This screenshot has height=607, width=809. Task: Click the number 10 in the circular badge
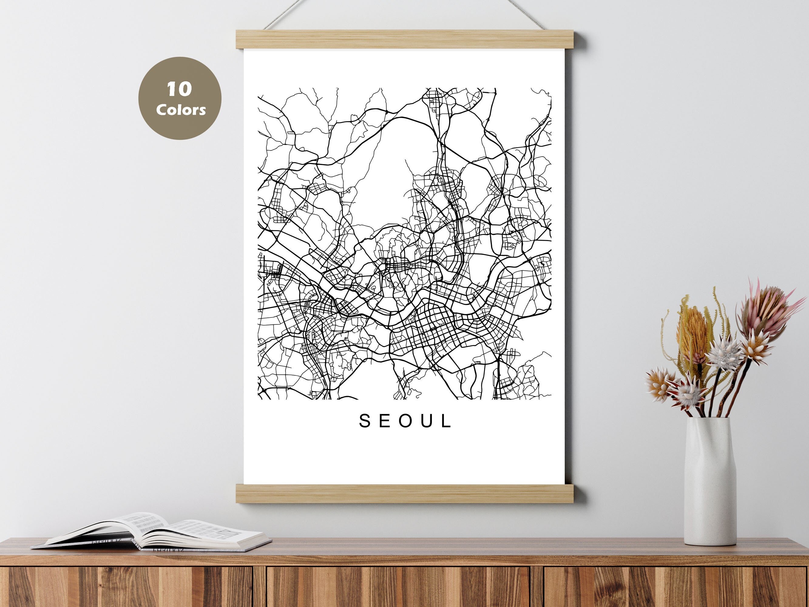(x=179, y=89)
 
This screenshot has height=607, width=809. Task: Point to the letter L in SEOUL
(x=447, y=421)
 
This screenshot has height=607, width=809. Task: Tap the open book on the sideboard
(x=154, y=534)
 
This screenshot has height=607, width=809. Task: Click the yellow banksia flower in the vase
(x=691, y=329)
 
